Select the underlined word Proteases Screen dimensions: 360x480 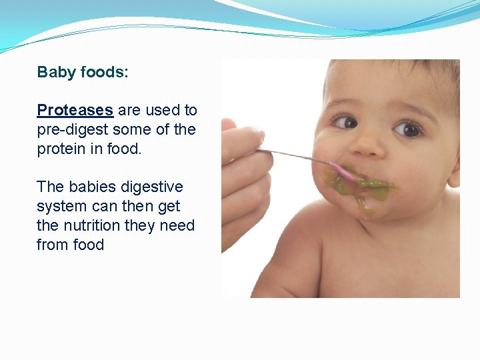[x=75, y=111]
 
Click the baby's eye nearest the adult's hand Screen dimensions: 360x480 [x=345, y=122]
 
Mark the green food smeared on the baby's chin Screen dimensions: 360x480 [x=364, y=201]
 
